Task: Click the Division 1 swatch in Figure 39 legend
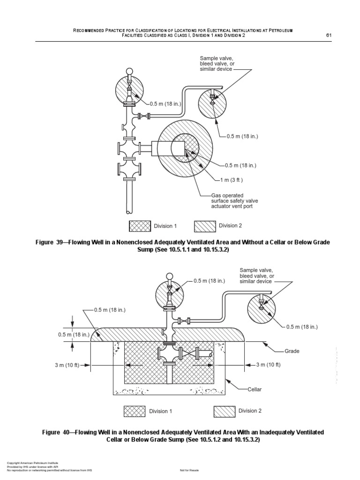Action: [x=140, y=226]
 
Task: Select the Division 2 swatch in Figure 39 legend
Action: [x=205, y=226]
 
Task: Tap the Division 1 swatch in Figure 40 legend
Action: [x=135, y=411]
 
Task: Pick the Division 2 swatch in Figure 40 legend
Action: [x=225, y=411]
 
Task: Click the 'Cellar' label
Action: [x=256, y=390]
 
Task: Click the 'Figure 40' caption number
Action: [x=51, y=431]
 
